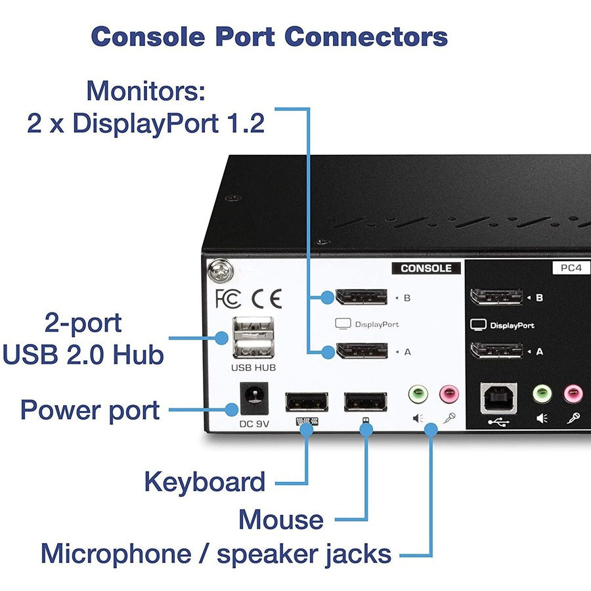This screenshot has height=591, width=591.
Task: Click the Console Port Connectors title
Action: pos(269,36)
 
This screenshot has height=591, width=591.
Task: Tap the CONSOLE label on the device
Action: pos(426,268)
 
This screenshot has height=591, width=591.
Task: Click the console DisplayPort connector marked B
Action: pos(361,297)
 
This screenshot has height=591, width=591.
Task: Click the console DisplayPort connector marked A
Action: pos(361,351)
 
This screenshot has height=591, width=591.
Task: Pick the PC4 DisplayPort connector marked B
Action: pos(496,297)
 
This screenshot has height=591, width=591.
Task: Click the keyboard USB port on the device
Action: pos(307,401)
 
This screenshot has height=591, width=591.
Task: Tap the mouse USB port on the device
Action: pos(365,401)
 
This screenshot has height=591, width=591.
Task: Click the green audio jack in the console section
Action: pos(418,394)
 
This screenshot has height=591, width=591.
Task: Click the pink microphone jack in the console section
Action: pos(449,394)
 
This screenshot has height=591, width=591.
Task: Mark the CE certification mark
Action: pos(266,299)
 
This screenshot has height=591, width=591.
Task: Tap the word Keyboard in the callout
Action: pos(205,482)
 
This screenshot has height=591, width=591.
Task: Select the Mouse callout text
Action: pos(280,519)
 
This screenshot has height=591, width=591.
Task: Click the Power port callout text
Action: pos(90,410)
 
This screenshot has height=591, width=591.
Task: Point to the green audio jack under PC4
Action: pos(542,394)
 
